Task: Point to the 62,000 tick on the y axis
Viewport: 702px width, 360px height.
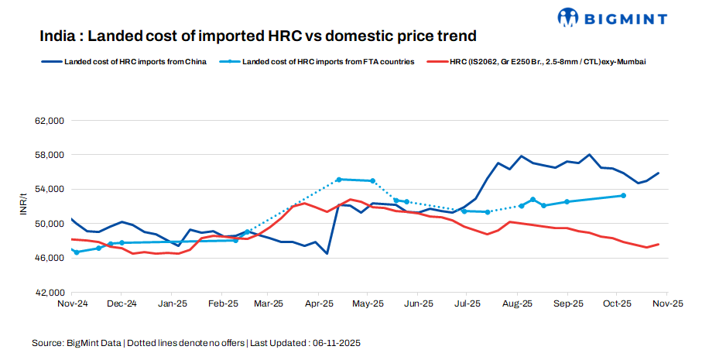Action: tap(48, 122)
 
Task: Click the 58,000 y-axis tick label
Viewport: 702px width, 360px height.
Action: tap(48, 156)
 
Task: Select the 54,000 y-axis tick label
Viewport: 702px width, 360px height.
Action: tap(48, 190)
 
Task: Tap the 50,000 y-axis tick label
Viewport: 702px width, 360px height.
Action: tap(48, 224)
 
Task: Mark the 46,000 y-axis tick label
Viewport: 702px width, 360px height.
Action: tap(48, 258)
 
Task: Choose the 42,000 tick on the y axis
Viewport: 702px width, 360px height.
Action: tap(48, 292)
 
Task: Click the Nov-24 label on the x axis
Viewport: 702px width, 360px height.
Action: tap(71, 303)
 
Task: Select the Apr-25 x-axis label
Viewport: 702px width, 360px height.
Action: tap(319, 303)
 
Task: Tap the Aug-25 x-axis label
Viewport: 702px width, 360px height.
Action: tap(518, 303)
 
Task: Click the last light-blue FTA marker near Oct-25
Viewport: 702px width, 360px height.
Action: tap(624, 196)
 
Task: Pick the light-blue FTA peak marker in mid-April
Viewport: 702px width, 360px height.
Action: tap(339, 180)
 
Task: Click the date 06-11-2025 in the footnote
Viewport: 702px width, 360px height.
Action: tap(336, 341)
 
